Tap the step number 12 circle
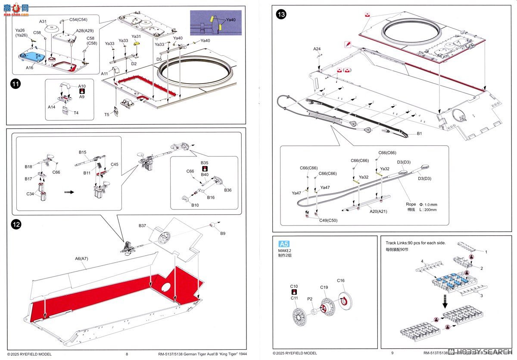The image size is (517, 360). click(x=16, y=225)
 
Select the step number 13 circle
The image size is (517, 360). click(x=281, y=15)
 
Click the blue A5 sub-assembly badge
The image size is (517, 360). click(x=284, y=244)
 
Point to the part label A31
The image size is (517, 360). click(x=43, y=21)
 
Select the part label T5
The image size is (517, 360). click(x=107, y=115)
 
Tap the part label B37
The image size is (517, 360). click(x=143, y=225)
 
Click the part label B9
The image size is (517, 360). click(x=223, y=233)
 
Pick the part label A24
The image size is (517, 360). click(x=317, y=49)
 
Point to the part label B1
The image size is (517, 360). click(x=419, y=134)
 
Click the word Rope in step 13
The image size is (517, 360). click(x=411, y=204)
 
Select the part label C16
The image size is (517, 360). click(x=341, y=280)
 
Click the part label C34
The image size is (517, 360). click(x=30, y=194)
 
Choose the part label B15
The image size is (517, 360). click(x=83, y=152)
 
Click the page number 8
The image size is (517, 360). click(x=127, y=354)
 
